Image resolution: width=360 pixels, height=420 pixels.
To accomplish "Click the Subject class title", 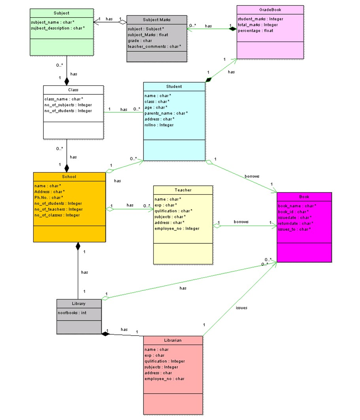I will tap(61, 13).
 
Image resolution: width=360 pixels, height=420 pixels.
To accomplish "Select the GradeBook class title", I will tap(270, 10).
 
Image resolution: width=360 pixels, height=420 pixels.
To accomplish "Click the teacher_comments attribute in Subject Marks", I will tap(154, 46).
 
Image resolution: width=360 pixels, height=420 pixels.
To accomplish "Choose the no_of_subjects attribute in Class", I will tap(68, 105).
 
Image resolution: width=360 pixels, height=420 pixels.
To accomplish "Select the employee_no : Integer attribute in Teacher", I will tap(177, 228).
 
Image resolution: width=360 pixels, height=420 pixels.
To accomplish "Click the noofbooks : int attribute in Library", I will tap(72, 313).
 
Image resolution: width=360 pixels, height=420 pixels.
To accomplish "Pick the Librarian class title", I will tap(173, 340).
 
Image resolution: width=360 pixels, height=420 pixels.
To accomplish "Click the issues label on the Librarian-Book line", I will tap(241, 307).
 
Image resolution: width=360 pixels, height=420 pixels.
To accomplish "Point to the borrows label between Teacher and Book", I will tap(241, 222).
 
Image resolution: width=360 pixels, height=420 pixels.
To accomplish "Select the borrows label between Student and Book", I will tap(252, 176).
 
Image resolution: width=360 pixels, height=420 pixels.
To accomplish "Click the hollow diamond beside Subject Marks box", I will tap(123, 22).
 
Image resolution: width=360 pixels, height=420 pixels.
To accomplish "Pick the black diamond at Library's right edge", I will tap(105, 334).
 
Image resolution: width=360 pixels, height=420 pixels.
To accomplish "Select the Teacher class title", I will tap(183, 190).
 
